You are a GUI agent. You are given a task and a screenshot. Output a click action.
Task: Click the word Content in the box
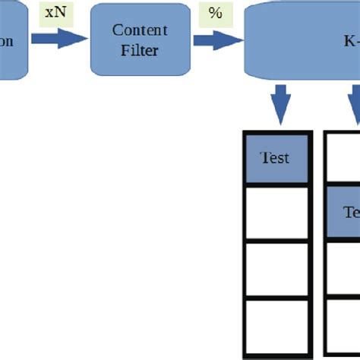[140, 30]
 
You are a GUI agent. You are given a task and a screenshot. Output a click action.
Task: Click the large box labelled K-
[304, 39]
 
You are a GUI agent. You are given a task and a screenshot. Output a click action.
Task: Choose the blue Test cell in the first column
[275, 159]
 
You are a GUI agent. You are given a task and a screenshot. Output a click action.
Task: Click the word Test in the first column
[275, 159]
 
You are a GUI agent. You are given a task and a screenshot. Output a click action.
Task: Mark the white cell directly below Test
[275, 212]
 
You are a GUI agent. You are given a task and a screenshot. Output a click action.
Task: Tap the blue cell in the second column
[346, 212]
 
